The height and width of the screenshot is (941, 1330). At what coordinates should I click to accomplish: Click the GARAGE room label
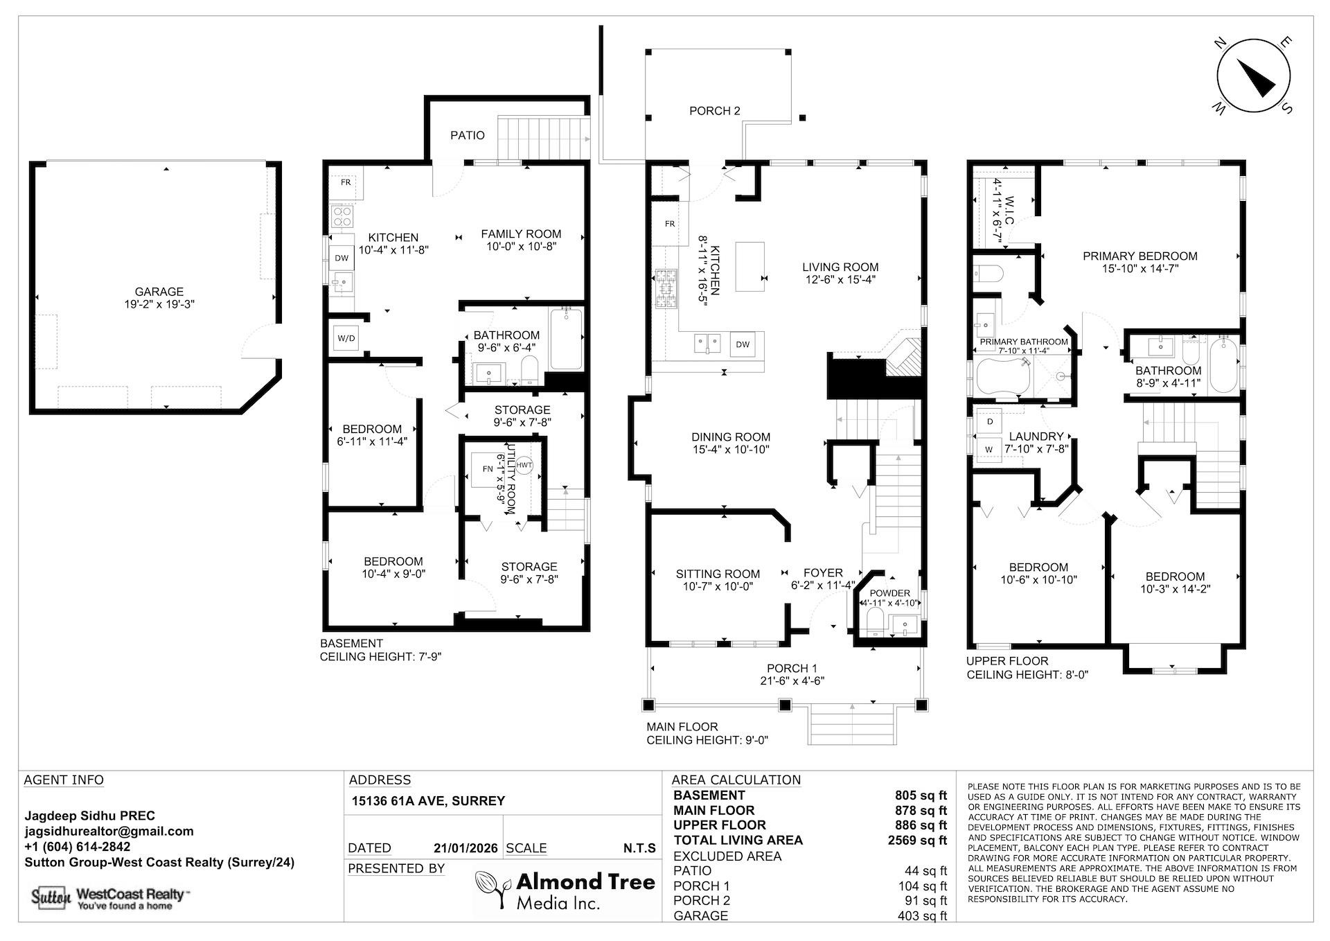tap(159, 292)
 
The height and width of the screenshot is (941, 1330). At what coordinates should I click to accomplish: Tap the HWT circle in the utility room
tap(524, 465)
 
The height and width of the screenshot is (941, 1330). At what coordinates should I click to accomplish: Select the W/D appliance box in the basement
tap(346, 339)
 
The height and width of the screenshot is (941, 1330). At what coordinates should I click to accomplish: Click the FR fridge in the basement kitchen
tap(345, 182)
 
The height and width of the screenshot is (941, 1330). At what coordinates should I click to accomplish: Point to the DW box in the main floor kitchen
tap(742, 344)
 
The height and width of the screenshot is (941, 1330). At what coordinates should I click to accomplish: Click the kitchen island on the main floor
tap(750, 266)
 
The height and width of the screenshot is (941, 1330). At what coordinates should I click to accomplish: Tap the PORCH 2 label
tap(714, 111)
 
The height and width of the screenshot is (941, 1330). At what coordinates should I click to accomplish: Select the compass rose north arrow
tap(1254, 76)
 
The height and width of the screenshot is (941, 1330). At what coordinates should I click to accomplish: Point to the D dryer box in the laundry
tap(990, 421)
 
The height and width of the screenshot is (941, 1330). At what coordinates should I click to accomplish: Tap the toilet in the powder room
tap(874, 627)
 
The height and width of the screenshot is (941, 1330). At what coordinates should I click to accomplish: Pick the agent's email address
tap(109, 832)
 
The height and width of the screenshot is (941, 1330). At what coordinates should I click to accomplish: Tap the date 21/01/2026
tap(465, 848)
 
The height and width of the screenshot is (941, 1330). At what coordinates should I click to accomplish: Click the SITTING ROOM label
tap(718, 574)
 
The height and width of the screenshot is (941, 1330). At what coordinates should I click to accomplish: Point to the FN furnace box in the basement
tap(488, 469)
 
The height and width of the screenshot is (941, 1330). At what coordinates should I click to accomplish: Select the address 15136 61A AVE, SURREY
tap(428, 801)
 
